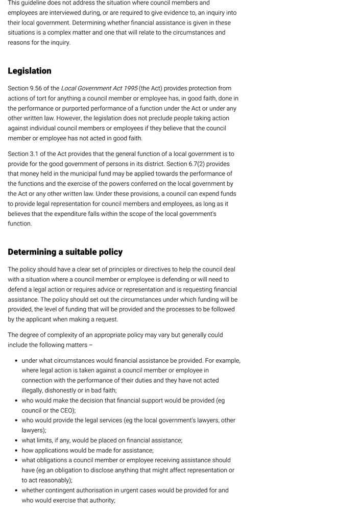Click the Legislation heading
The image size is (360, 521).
click(x=30, y=71)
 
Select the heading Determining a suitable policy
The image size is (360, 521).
click(x=65, y=252)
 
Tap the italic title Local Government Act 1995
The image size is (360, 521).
click(x=99, y=88)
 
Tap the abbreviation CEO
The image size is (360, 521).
click(x=67, y=410)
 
